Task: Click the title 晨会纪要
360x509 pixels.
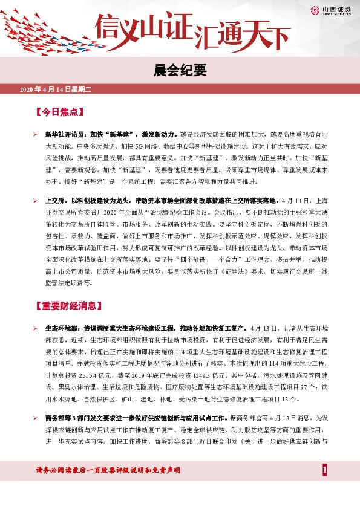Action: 180,71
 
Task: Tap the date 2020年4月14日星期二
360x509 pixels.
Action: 55,89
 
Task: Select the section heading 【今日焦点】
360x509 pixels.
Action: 59,112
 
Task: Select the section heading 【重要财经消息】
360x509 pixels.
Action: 68,306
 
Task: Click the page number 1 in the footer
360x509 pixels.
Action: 325,470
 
